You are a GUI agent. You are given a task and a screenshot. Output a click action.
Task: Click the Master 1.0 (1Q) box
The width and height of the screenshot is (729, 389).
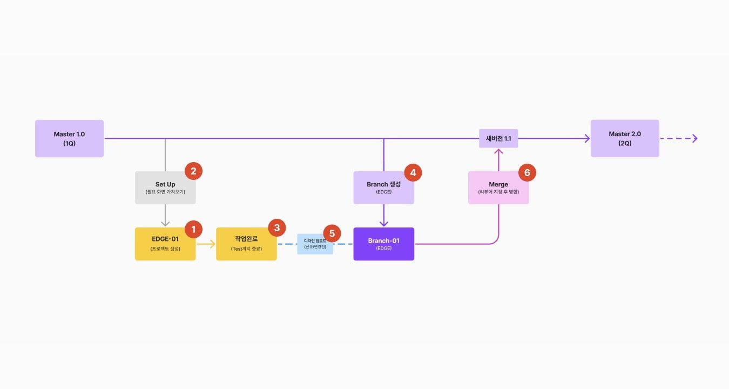coord(69,138)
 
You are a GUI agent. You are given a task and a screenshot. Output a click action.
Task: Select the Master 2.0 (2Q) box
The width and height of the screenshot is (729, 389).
coord(625,138)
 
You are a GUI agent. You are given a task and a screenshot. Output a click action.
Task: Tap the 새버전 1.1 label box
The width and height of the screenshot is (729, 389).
coord(498,138)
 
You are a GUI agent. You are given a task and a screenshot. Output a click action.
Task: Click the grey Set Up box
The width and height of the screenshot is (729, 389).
coord(165,187)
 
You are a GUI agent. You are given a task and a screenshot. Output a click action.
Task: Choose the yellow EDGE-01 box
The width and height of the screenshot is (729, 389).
coord(165,244)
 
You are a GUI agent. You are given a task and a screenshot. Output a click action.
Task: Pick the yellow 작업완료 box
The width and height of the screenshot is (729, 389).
coord(246,244)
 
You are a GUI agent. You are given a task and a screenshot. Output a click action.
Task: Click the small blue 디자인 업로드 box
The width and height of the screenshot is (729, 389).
coord(315,244)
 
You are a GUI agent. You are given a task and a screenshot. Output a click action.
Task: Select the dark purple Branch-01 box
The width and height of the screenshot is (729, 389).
coord(383,244)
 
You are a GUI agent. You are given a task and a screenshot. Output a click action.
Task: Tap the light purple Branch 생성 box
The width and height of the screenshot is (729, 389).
coord(383,187)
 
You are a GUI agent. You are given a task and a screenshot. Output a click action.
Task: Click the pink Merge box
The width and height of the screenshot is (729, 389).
coord(498,187)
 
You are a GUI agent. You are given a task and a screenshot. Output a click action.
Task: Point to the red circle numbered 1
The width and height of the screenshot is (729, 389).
coord(193,229)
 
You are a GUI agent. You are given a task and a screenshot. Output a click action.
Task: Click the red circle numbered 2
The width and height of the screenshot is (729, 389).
coord(193,171)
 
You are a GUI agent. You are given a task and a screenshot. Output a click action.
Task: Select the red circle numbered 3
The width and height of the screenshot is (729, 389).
coord(277,228)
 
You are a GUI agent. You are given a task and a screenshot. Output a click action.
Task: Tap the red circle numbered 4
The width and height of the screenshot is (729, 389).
coord(413,173)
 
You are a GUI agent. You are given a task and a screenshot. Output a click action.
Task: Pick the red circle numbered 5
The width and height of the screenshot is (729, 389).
coord(332,234)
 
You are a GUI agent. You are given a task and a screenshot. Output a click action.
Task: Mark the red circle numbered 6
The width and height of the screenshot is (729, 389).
coord(527,173)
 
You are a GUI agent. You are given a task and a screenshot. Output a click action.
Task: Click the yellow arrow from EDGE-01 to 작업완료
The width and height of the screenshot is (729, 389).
coord(206,244)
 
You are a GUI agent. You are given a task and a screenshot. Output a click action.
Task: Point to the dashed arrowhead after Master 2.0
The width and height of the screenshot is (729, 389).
coord(694,138)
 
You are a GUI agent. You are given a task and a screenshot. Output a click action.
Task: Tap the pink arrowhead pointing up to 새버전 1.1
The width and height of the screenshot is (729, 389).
coord(498,152)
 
